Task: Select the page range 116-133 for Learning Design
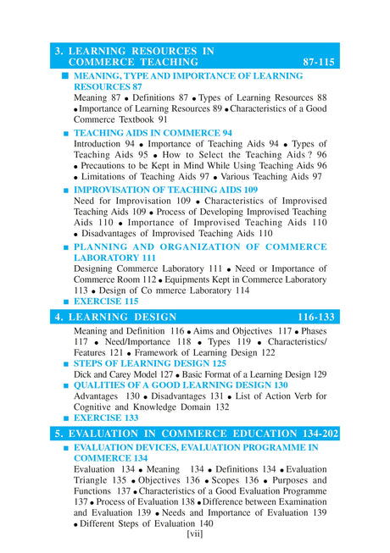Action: [318, 317]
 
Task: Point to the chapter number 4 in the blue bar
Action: [58, 317]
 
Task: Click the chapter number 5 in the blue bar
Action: [58, 432]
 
